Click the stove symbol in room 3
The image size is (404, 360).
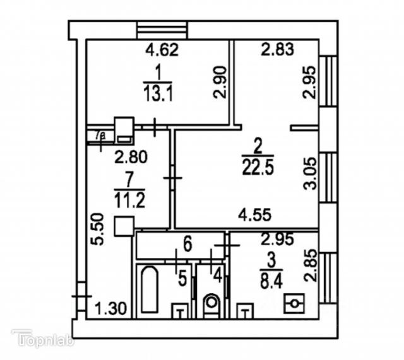tap(294, 305)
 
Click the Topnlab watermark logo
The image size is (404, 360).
tap(43, 340)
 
